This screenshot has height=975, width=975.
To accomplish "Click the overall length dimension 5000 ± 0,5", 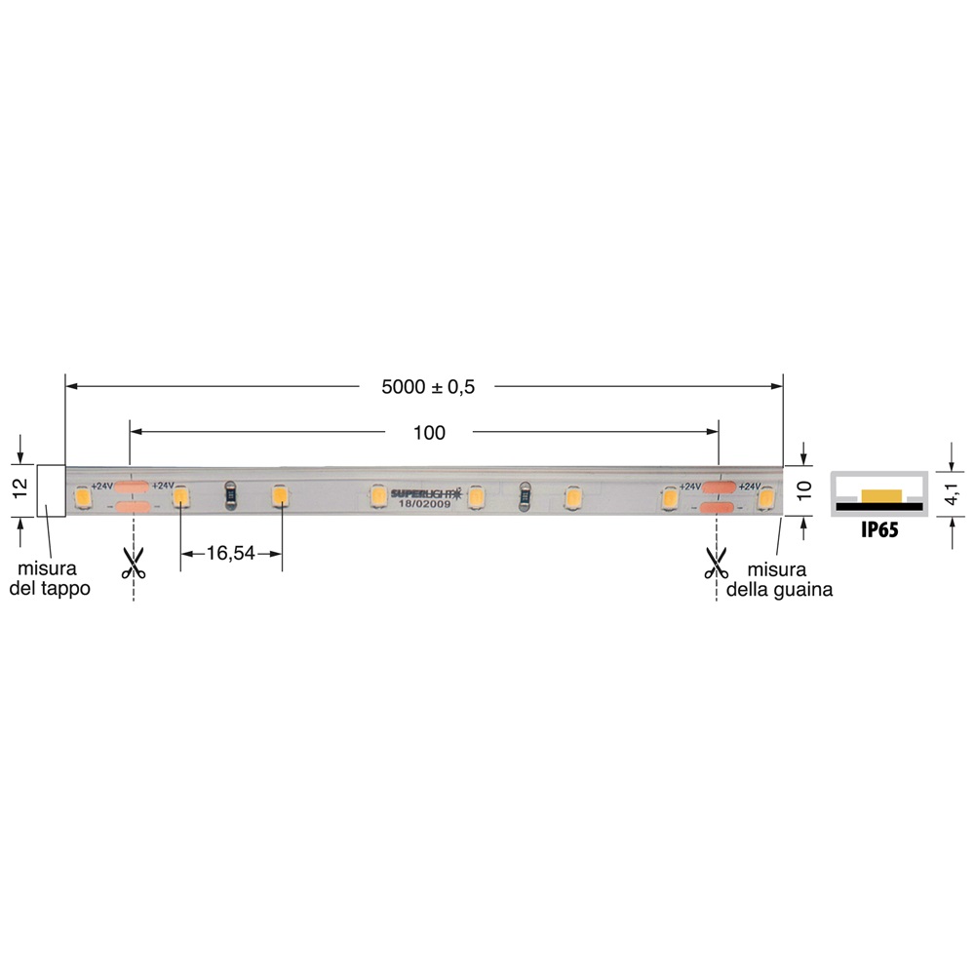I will (x=429, y=387).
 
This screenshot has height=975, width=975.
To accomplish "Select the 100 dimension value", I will (x=429, y=433).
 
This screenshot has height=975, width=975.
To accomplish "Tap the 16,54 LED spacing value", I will (x=230, y=554).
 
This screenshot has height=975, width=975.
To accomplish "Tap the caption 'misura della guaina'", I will (x=790, y=579).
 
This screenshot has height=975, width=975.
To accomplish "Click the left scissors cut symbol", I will (x=133, y=563).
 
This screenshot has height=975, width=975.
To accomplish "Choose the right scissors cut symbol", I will (x=717, y=563).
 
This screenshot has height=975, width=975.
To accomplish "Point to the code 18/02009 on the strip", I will (x=426, y=504).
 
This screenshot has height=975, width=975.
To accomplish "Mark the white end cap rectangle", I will (x=51, y=489).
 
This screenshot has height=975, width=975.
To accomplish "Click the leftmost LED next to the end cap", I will (x=82, y=499).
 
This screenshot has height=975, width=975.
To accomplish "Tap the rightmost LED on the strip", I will (x=765, y=499).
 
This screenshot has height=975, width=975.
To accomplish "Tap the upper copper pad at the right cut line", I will (x=721, y=487).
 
